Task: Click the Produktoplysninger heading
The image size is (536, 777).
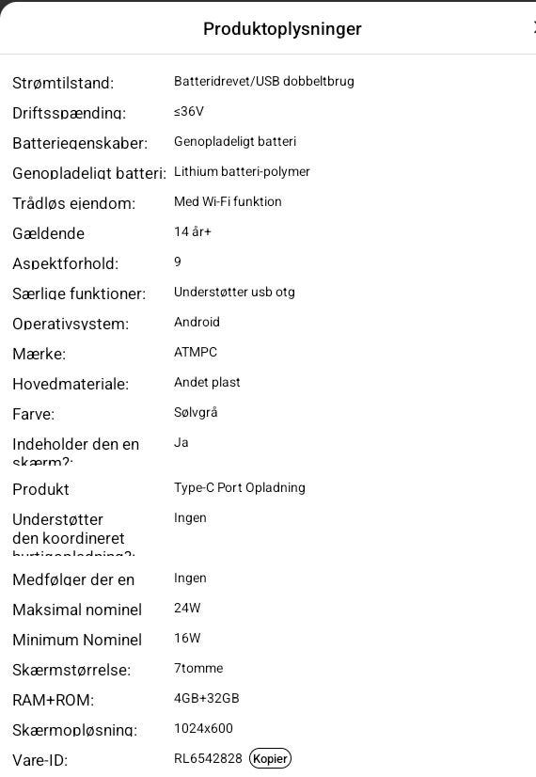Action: point(282,28)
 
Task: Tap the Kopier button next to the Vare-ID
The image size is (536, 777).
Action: point(270,758)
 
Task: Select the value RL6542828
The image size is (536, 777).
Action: point(208,758)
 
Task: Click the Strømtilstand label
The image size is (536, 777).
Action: point(63,83)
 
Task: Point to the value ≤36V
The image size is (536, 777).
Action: point(189,111)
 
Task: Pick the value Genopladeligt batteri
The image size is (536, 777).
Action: point(235,141)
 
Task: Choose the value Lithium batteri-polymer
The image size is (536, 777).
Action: point(242,171)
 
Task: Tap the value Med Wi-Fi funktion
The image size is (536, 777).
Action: point(228,201)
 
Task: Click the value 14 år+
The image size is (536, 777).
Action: point(193,231)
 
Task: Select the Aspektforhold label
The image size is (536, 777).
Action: point(66,263)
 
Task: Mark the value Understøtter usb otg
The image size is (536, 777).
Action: point(234,292)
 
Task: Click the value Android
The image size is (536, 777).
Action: point(197,322)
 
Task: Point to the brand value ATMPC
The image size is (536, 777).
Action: point(196,352)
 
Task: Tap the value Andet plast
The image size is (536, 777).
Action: point(207,382)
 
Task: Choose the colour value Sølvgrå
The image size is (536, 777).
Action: point(196,412)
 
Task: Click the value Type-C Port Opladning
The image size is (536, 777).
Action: point(240,487)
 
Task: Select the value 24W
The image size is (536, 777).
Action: point(187,608)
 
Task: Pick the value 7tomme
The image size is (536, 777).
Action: point(198,668)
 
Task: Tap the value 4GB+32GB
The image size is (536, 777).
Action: point(207,698)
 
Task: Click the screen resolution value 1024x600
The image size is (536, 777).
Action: point(203,728)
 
